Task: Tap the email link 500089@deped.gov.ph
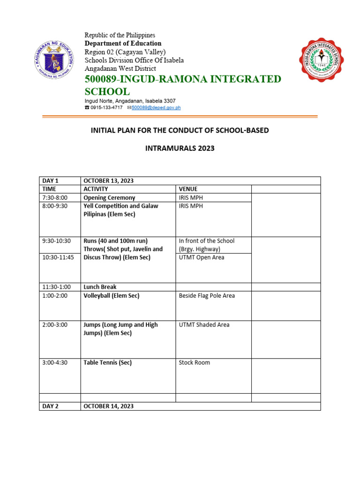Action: tap(156, 108)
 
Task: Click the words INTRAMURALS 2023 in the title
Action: tap(180, 148)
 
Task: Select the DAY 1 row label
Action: tap(51, 181)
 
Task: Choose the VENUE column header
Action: tap(188, 189)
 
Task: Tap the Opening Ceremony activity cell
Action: tap(109, 198)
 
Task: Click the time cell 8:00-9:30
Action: tap(54, 206)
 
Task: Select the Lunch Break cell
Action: tap(100, 287)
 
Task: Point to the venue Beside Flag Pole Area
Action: tap(207, 296)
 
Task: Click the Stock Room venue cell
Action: tap(195, 362)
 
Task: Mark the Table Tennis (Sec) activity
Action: tap(107, 362)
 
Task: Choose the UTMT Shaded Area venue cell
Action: tap(204, 325)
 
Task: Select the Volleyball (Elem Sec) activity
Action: tap(111, 296)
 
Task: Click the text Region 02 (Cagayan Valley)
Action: tap(125, 52)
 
